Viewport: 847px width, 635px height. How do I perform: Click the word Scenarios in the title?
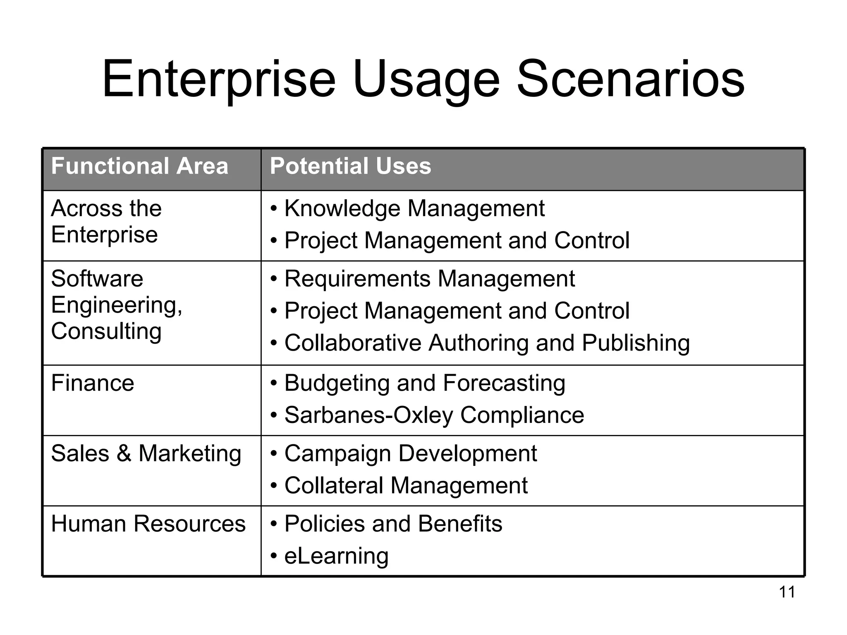(x=630, y=79)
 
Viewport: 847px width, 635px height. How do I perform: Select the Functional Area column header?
(x=139, y=166)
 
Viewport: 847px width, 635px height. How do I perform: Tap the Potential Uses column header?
(x=350, y=166)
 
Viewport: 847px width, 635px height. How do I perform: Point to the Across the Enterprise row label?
(x=106, y=221)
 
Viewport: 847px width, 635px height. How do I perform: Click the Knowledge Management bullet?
(x=414, y=208)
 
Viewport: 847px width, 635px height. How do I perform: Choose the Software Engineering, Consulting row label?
(x=117, y=305)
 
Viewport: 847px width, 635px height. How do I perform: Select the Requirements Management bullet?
(x=429, y=279)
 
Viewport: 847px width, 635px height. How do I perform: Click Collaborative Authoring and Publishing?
(x=487, y=343)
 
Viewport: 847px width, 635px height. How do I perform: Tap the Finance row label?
(x=93, y=383)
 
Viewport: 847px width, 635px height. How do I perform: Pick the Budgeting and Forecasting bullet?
(x=424, y=383)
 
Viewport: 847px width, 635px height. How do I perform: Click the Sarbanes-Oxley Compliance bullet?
(x=434, y=415)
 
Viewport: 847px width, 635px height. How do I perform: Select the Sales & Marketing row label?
(x=146, y=454)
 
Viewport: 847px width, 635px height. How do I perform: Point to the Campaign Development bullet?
(x=410, y=454)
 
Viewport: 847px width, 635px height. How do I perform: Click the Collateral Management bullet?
(x=406, y=485)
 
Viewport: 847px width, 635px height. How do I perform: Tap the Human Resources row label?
(x=148, y=524)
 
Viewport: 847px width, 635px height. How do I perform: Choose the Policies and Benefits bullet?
(x=393, y=524)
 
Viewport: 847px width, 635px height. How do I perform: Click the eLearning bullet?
(x=336, y=556)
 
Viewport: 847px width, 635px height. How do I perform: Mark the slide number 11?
(x=787, y=592)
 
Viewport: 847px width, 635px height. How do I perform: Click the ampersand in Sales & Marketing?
(x=124, y=454)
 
